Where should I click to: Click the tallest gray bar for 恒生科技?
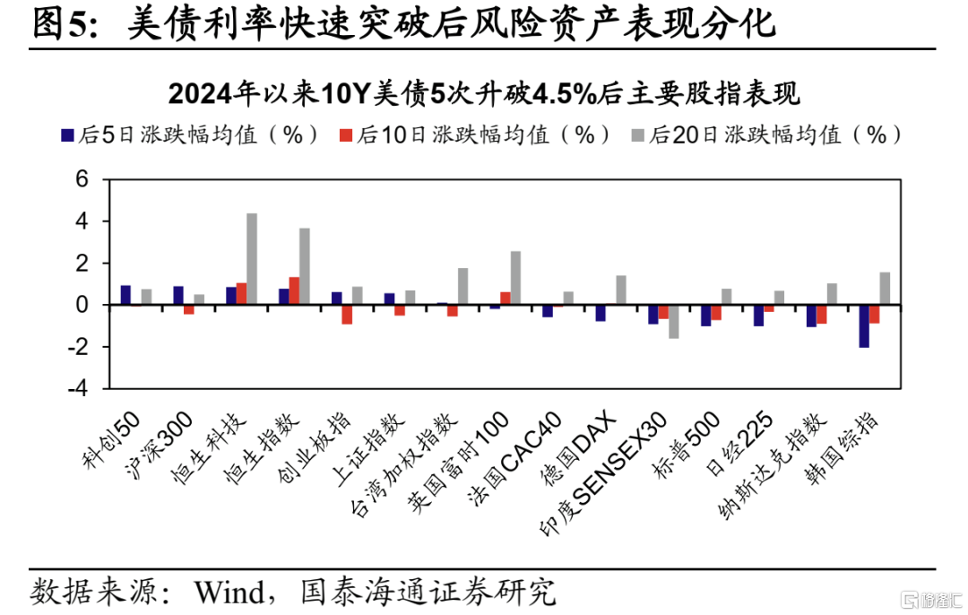pos(252,259)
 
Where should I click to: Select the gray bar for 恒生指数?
pos(305,266)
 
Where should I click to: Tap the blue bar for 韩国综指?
pos(864,326)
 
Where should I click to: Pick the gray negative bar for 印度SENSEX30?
pos(673,322)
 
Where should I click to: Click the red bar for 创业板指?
pos(347,315)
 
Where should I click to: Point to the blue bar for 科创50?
pos(125,295)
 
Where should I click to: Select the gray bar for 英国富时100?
pos(515,278)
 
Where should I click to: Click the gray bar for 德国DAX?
pos(621,290)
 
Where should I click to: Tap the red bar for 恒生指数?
pos(294,290)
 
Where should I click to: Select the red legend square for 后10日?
pos(346,135)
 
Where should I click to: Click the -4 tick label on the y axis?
pos(78,388)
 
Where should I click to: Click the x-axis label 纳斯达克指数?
pos(773,465)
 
